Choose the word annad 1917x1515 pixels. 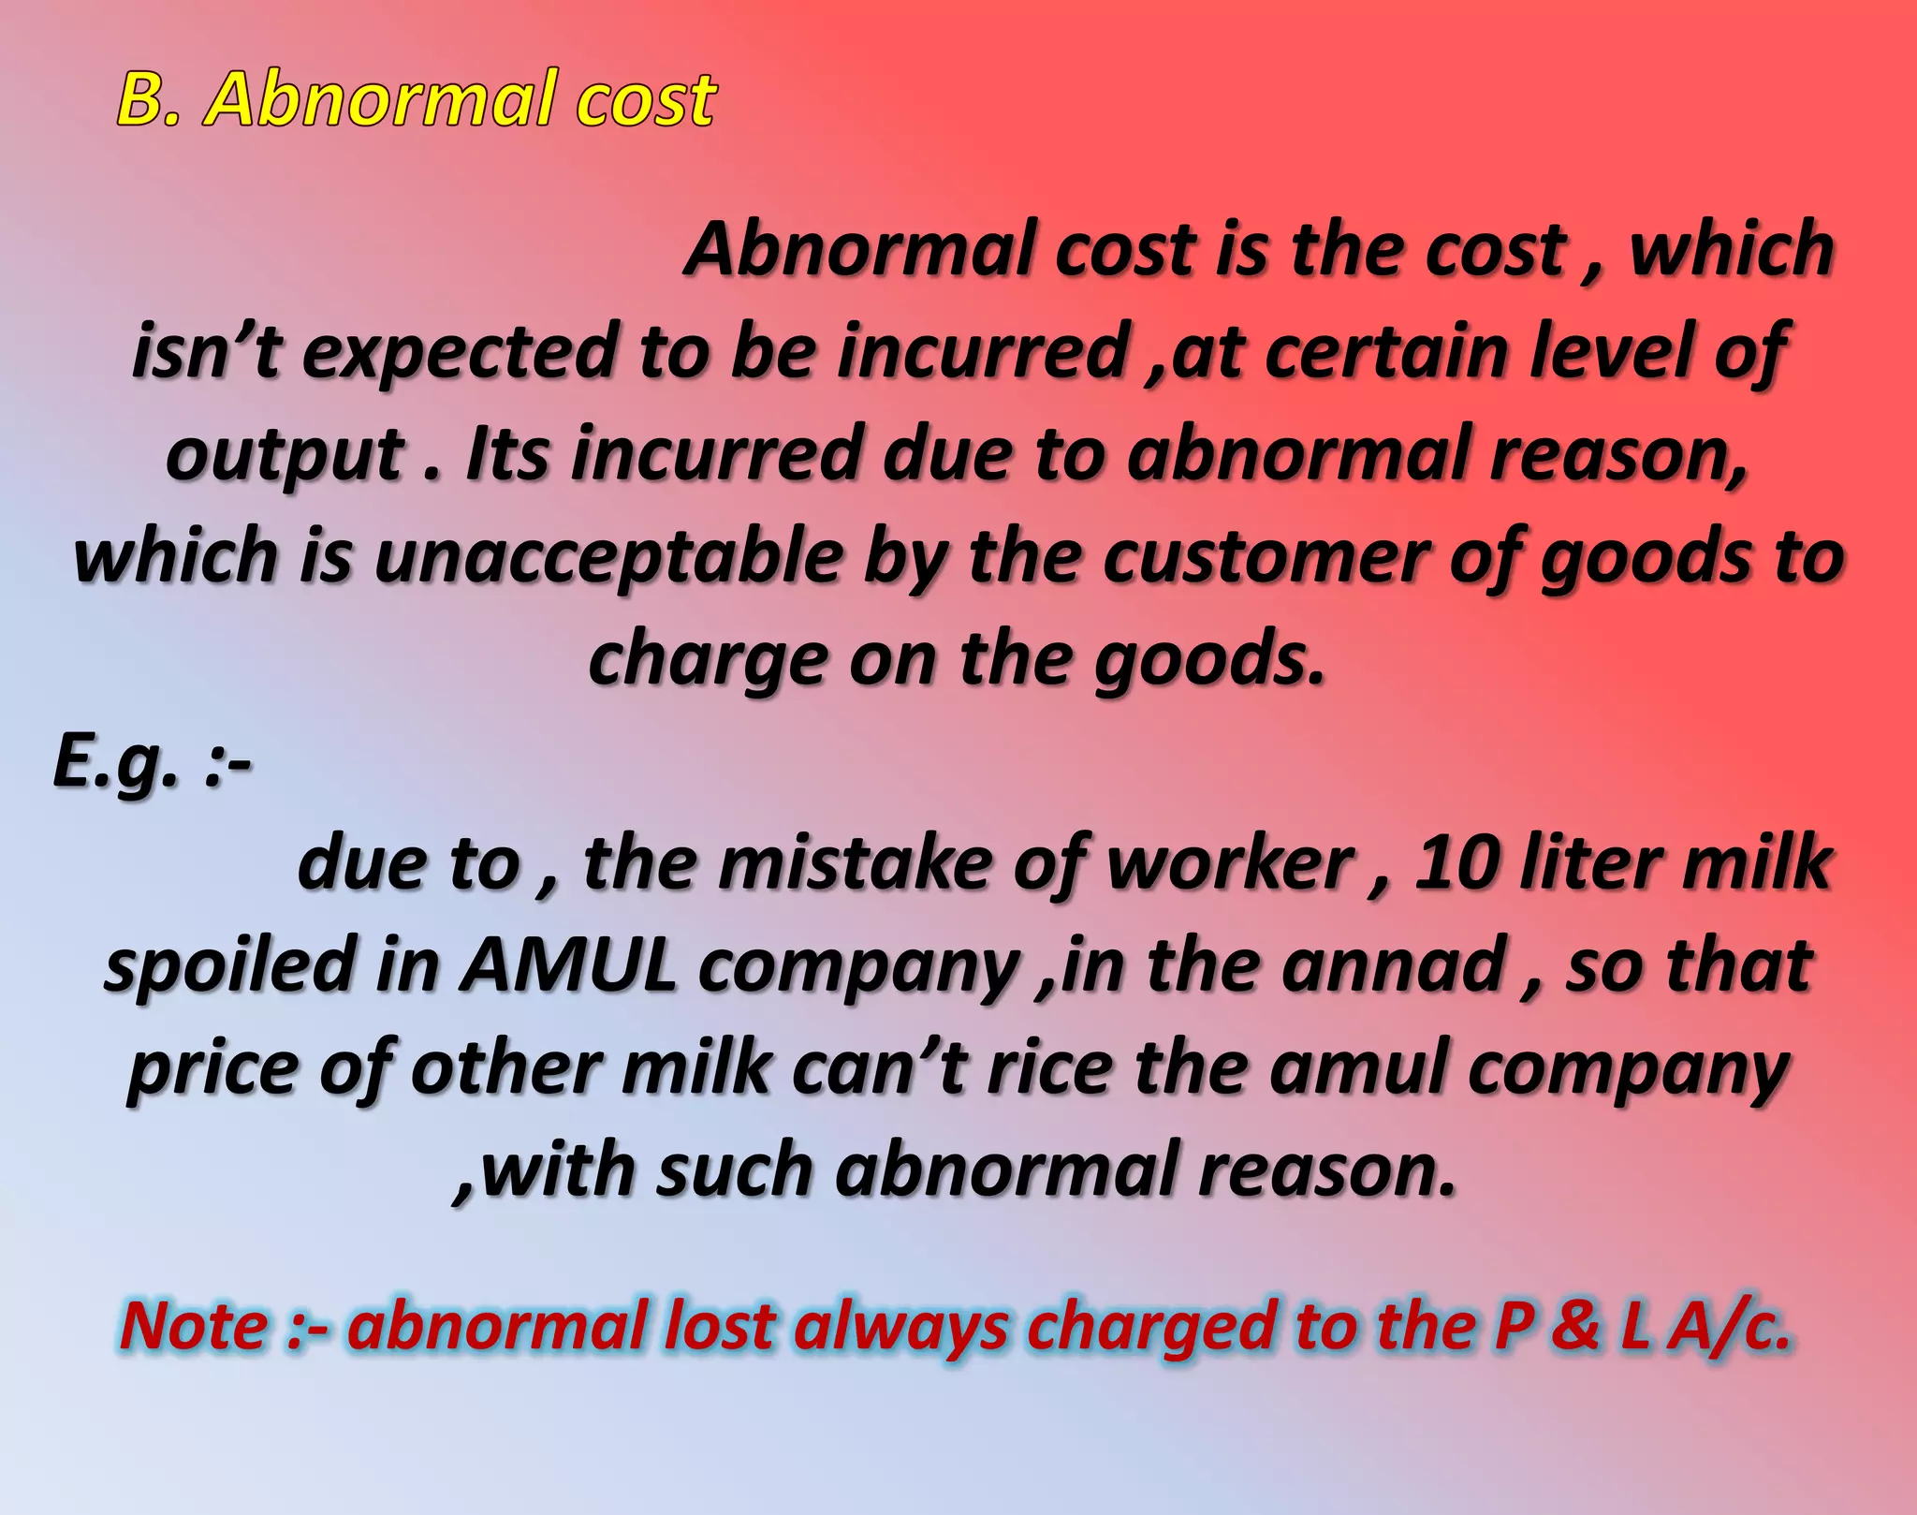coord(1392,966)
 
